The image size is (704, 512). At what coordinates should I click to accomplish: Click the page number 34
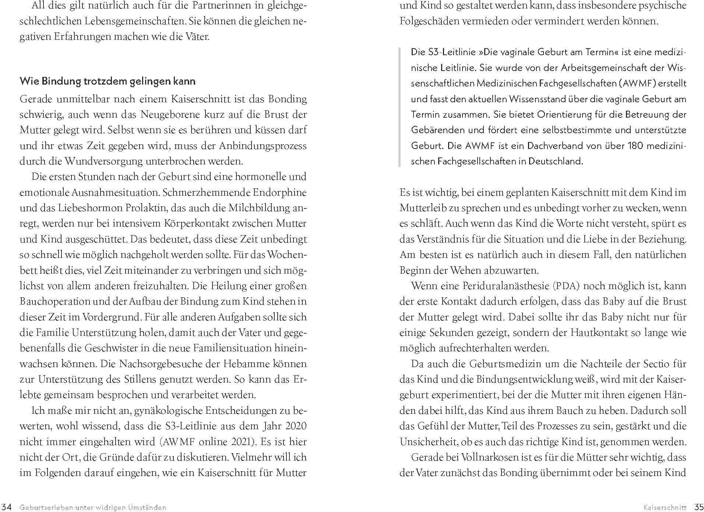pyautogui.click(x=7, y=507)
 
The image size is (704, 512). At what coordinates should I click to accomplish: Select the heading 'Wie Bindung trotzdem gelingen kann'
pyautogui.click(x=108, y=81)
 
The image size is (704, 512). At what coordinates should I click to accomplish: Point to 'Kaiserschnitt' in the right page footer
pyautogui.click(x=665, y=507)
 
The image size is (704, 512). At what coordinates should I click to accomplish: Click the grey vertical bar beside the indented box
pyautogui.click(x=400, y=107)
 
